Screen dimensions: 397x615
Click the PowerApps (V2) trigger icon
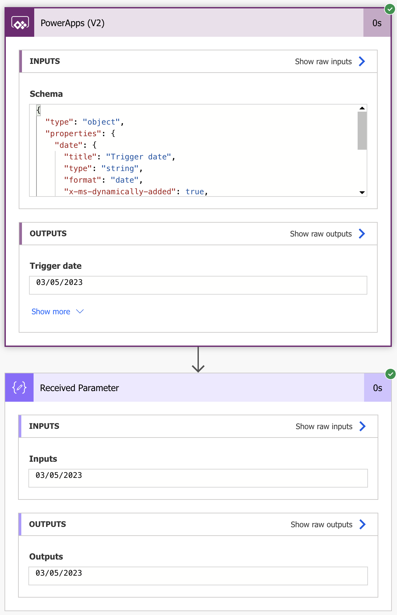pyautogui.click(x=20, y=23)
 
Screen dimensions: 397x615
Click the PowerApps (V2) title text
pyautogui.click(x=73, y=23)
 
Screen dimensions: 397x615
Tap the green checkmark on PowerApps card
pyautogui.click(x=390, y=9)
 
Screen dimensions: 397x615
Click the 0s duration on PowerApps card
pyautogui.click(x=377, y=23)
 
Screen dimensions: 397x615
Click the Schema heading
pyautogui.click(x=46, y=94)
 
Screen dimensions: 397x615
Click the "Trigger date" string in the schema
pyautogui.click(x=138, y=157)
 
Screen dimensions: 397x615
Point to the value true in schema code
pyautogui.click(x=195, y=192)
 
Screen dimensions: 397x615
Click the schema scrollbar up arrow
pyautogui.click(x=362, y=108)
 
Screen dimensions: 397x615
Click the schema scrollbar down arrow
pyautogui.click(x=362, y=192)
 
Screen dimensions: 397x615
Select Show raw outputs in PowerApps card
pyautogui.click(x=327, y=234)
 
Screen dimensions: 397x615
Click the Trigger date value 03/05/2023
pyautogui.click(x=59, y=282)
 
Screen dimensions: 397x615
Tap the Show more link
pyautogui.click(x=57, y=312)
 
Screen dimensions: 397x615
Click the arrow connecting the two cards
pyautogui.click(x=198, y=359)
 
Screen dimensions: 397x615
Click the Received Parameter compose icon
pyautogui.click(x=19, y=388)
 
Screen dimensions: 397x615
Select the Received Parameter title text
pyautogui.click(x=79, y=388)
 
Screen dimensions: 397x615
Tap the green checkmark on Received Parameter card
pyautogui.click(x=391, y=374)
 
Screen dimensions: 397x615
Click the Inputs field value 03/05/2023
pyautogui.click(x=59, y=475)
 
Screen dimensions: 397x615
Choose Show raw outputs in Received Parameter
pyautogui.click(x=328, y=524)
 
